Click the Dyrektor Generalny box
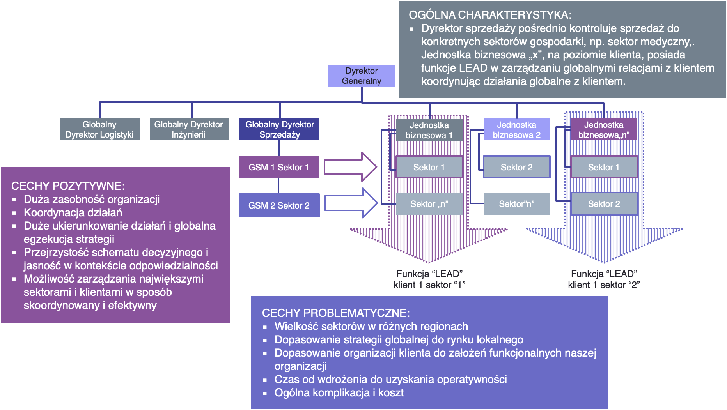pos(361,76)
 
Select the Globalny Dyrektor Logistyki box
pos(99,129)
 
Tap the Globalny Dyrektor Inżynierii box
pos(189,129)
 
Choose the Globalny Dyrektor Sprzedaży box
pos(279,129)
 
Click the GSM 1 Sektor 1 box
pos(279,167)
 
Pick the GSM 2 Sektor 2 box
pos(279,205)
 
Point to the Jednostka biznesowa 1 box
pos(429,130)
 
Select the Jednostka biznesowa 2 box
pos(516,130)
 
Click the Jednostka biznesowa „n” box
pos(604,130)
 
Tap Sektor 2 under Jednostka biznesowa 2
pos(516,167)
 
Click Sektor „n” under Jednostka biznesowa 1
pos(429,204)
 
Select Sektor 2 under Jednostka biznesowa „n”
pos(604,204)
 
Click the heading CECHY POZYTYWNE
pos(68,186)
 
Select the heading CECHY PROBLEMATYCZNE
pos(336,313)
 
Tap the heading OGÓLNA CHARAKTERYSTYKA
pos(490,15)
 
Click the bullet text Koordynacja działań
pos(73,213)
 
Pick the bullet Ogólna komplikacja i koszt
pos(339,393)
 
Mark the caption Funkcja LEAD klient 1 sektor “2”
pos(604,279)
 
